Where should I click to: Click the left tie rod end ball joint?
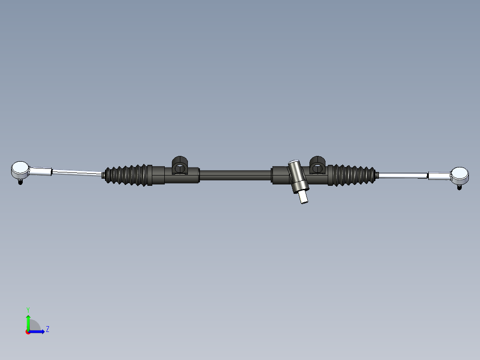click(20, 170)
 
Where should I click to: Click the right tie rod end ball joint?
click(460, 175)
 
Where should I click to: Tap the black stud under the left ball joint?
click(20, 182)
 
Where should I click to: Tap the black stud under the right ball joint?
click(459, 187)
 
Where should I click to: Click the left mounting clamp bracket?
click(180, 165)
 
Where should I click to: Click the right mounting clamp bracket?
click(317, 165)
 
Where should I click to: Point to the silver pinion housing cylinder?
click(298, 176)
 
